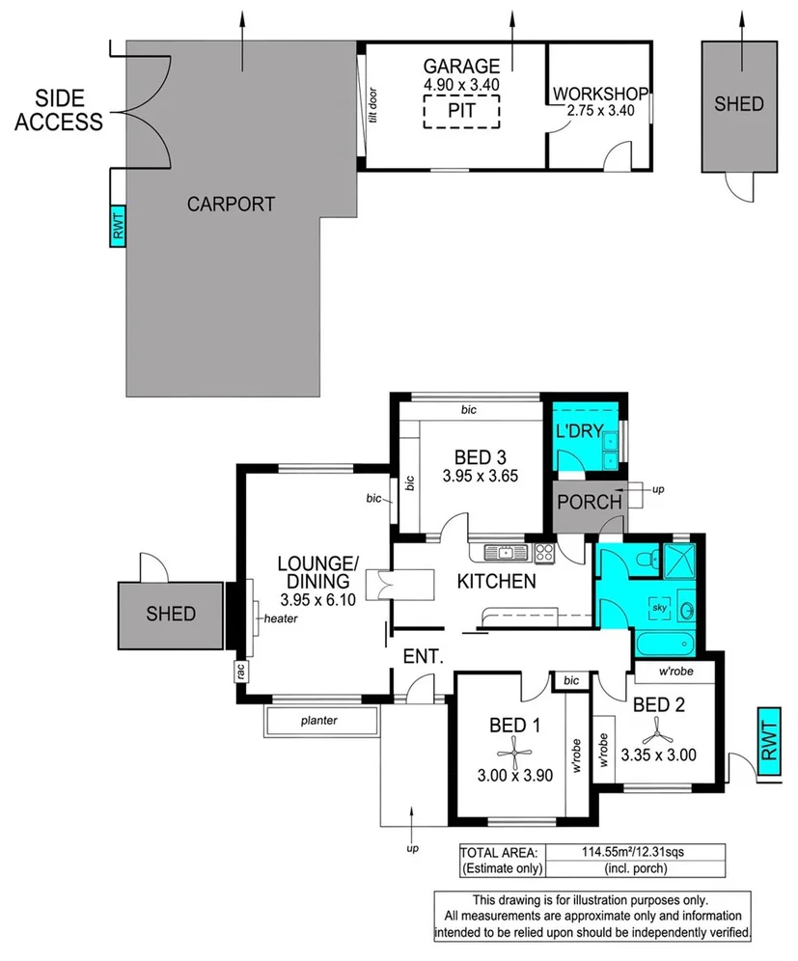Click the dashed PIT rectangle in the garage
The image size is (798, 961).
(x=461, y=112)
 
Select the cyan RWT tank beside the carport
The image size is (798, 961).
(x=119, y=225)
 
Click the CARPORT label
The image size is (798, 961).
(x=231, y=205)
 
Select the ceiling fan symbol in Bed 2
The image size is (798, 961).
(x=658, y=729)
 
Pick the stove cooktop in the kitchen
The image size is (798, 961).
(x=544, y=553)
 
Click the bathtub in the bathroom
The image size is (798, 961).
(x=666, y=644)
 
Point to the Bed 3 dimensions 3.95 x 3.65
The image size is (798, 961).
(x=480, y=476)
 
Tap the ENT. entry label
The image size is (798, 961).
(x=424, y=657)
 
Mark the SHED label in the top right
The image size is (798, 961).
(x=738, y=104)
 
